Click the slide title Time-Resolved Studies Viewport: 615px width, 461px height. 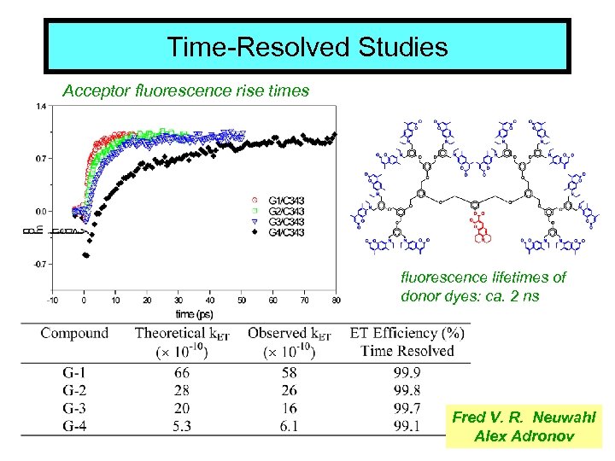click(307, 46)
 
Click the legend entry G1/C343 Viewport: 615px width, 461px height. click(286, 201)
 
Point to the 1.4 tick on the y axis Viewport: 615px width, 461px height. click(41, 107)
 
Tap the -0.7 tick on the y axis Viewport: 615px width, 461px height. click(39, 264)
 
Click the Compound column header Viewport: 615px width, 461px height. click(74, 333)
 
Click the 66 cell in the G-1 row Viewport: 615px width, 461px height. click(181, 373)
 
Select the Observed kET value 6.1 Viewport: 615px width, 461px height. click(290, 425)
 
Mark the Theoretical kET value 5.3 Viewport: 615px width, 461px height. click(181, 425)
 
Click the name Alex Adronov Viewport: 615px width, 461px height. click(523, 436)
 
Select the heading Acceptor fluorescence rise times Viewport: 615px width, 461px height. click(186, 89)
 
